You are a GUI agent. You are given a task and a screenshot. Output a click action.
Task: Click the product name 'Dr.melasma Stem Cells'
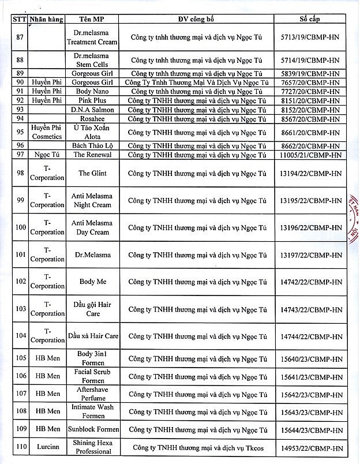[x=92, y=59]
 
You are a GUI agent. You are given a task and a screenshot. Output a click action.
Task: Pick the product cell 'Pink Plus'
[x=92, y=100]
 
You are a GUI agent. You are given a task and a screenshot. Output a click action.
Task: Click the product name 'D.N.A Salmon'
[x=92, y=110]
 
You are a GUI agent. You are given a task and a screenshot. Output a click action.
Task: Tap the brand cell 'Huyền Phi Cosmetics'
[x=47, y=132]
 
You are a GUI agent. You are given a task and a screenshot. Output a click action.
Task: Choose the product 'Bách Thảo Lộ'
[x=92, y=146]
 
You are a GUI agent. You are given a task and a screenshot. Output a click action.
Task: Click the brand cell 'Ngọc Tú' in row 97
[x=47, y=155]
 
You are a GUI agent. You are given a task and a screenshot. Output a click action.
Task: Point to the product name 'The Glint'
[x=92, y=173]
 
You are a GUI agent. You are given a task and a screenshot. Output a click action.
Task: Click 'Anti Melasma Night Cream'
[x=92, y=200]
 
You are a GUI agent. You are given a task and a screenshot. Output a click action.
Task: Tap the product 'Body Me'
[x=92, y=282]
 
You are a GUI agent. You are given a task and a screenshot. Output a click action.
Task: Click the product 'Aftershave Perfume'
[x=92, y=394]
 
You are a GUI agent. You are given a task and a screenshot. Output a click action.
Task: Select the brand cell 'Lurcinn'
[x=47, y=447]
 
